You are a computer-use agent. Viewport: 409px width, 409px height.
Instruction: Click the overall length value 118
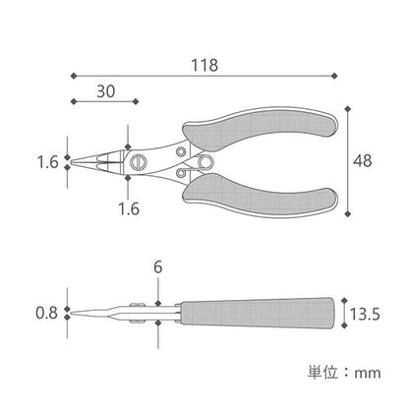click(204, 65)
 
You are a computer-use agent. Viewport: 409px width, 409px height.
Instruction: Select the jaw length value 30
click(106, 91)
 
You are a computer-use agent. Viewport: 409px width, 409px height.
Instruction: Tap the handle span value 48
click(363, 161)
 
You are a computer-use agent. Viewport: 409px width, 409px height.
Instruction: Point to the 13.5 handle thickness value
click(365, 314)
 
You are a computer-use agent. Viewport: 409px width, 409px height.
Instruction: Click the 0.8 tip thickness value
click(46, 313)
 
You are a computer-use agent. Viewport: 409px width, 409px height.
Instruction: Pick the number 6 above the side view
click(158, 267)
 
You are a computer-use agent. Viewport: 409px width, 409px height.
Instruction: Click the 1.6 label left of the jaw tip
click(48, 162)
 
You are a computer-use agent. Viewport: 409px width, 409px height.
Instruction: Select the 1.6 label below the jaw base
click(129, 208)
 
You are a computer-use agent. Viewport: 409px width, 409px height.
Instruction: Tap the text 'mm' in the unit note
click(368, 374)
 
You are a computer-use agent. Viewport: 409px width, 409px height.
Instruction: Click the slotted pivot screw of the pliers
click(138, 162)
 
